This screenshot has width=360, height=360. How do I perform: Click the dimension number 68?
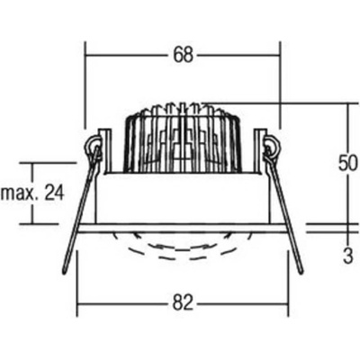coord(183,55)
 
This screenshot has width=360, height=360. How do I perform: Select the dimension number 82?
coord(183,303)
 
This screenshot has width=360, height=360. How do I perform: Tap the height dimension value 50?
coord(348,164)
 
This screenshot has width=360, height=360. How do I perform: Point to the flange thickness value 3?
coord(348,256)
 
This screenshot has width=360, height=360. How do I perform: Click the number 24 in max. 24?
coord(54,193)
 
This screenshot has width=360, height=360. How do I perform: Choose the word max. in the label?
coord(21,193)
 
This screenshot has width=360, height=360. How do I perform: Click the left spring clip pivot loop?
coord(94,147)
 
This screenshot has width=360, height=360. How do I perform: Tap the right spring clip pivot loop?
coord(272,147)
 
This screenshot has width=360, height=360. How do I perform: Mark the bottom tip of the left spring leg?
coord(64,273)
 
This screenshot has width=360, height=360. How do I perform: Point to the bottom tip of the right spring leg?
coord(301,272)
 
